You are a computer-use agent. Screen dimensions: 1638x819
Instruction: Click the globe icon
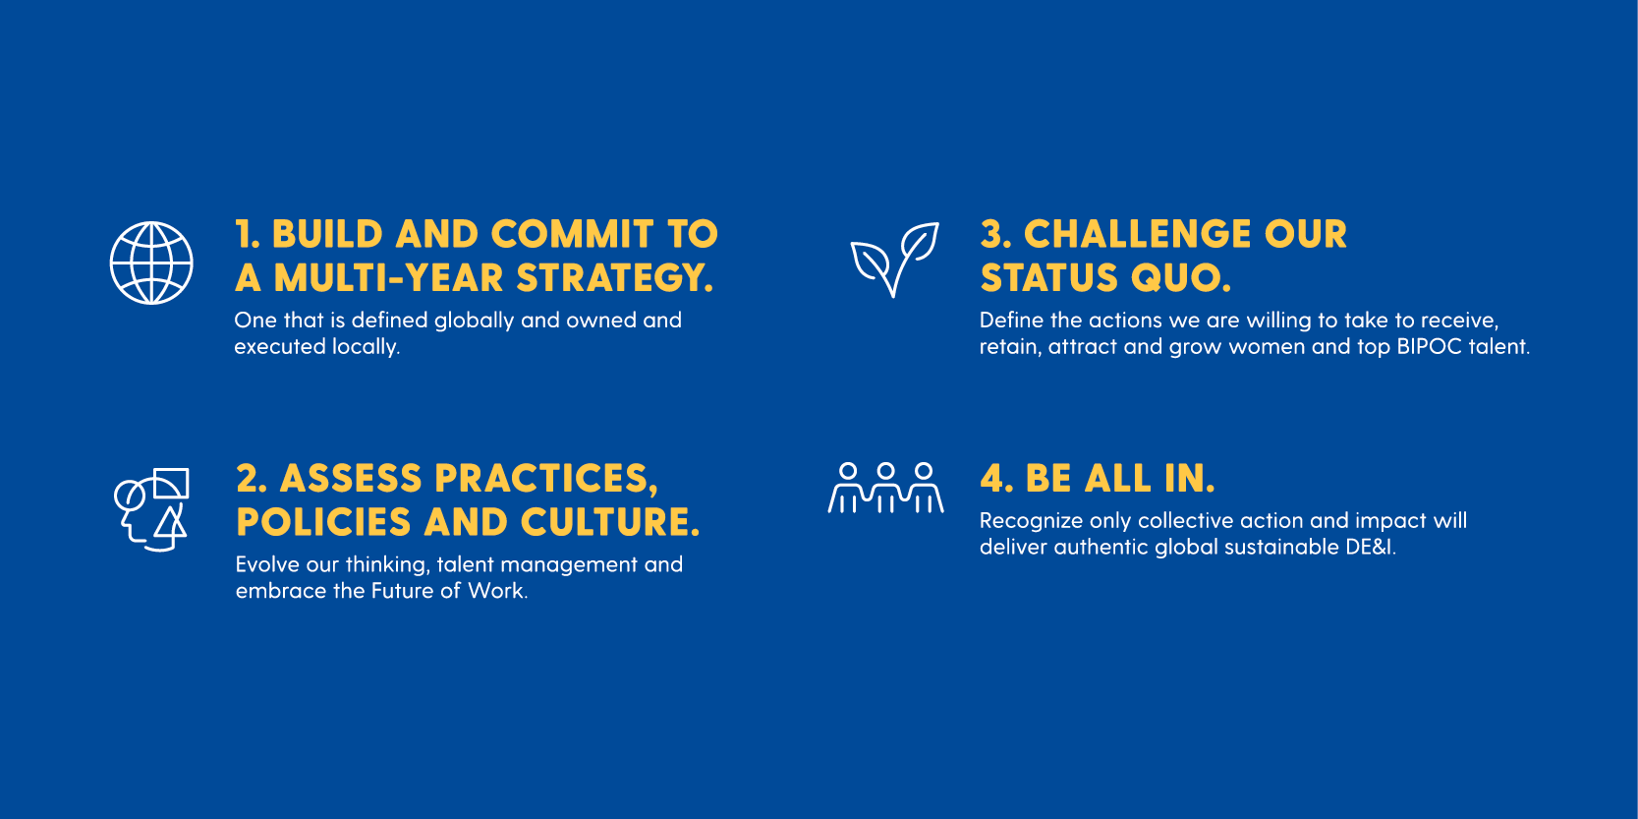click(x=151, y=263)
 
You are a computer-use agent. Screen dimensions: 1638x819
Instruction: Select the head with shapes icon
click(x=152, y=509)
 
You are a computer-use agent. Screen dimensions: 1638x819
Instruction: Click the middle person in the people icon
click(x=885, y=488)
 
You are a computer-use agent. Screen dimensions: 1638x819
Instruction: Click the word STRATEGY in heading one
click(x=614, y=278)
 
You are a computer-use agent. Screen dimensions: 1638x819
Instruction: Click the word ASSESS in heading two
click(x=351, y=479)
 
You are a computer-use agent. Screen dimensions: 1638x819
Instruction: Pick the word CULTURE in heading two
click(x=610, y=523)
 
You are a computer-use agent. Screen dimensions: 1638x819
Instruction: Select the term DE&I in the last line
click(x=1371, y=547)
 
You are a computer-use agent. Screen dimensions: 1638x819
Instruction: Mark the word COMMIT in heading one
click(x=572, y=234)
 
